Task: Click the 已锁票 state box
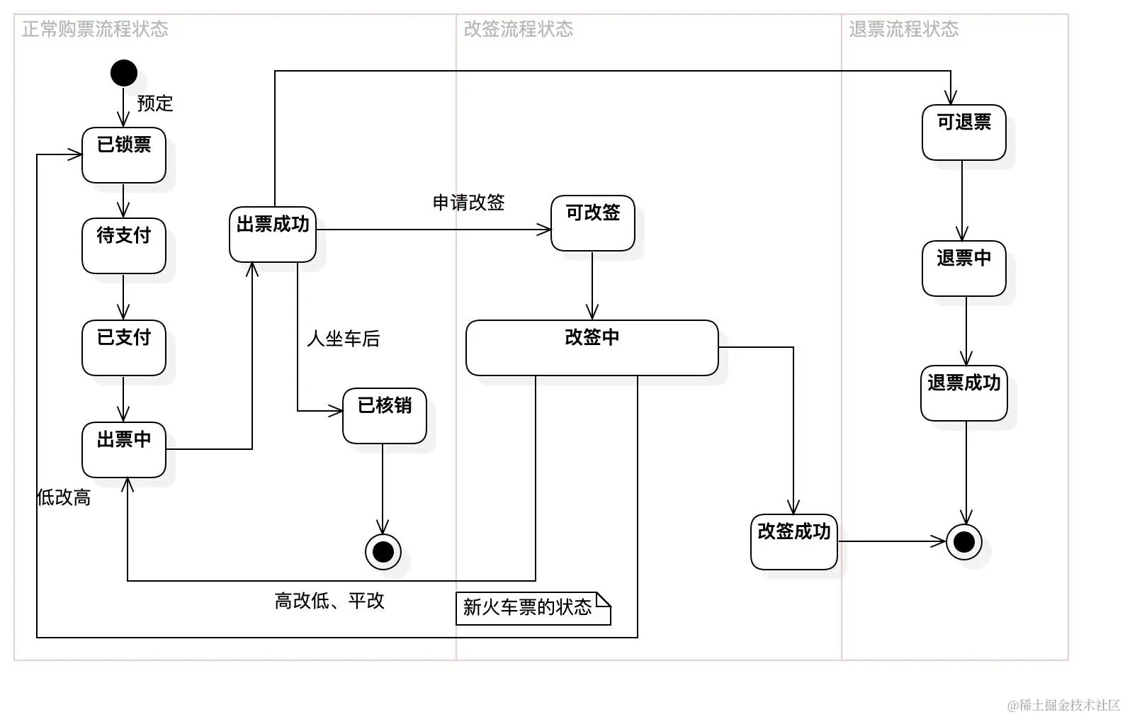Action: [x=124, y=155]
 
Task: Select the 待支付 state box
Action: [x=124, y=246]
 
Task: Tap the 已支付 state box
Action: [x=124, y=348]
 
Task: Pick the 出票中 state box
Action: [x=124, y=450]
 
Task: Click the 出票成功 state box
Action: [x=273, y=235]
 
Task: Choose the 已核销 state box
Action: [x=385, y=416]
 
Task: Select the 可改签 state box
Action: [x=593, y=223]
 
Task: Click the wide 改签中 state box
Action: [x=592, y=348]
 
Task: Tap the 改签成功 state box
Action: [x=794, y=542]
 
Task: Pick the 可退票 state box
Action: [x=964, y=132]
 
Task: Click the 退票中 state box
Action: [x=964, y=269]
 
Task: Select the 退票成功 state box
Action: [x=964, y=393]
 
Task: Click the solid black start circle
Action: [x=124, y=73]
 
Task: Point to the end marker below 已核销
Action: [x=383, y=551]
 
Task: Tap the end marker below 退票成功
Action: [x=964, y=542]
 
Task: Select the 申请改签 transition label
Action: [x=469, y=203]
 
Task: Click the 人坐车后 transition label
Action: [x=344, y=339]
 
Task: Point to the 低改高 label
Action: [x=64, y=497]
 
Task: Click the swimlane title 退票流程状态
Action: [x=904, y=29]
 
